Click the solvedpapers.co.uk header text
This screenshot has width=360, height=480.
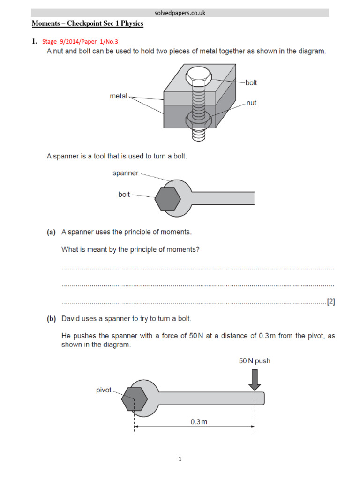(180, 13)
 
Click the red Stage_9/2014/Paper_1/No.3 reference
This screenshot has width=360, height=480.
(80, 41)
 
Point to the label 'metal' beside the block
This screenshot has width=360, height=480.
(119, 96)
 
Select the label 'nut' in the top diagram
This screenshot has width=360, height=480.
(251, 103)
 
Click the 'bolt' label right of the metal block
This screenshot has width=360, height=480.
(251, 83)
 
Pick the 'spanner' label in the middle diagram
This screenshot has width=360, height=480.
(125, 173)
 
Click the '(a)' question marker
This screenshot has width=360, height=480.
(51, 232)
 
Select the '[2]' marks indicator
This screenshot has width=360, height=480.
(331, 302)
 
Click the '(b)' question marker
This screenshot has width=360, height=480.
(51, 319)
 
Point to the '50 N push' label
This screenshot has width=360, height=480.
(255, 361)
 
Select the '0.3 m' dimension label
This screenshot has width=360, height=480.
(199, 421)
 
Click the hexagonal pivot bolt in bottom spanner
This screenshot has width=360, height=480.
(135, 400)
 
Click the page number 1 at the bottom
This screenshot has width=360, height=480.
(180, 460)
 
